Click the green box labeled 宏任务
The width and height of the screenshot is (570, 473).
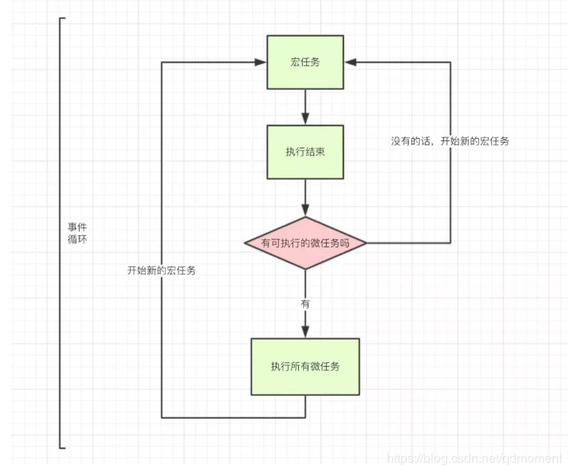(305, 62)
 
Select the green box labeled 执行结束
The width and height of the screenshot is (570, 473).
(305, 152)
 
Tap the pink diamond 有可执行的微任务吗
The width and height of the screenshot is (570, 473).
(305, 242)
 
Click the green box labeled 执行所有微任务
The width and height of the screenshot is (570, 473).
(305, 366)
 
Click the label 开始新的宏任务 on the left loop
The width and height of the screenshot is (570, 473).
(162, 270)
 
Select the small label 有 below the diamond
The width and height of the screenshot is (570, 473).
(305, 304)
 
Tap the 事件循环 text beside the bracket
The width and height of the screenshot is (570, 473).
(77, 233)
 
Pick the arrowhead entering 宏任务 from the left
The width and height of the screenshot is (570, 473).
(260, 62)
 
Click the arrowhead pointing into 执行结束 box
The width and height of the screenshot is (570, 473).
(305, 119)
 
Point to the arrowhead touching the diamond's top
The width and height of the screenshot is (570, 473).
(305, 210)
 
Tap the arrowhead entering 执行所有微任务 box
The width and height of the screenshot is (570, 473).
(305, 332)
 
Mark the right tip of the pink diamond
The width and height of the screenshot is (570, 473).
(368, 242)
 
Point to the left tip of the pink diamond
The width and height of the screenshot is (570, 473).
(243, 242)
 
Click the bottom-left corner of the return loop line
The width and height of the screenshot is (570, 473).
(162, 417)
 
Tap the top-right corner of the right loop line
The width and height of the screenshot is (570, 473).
(450, 62)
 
